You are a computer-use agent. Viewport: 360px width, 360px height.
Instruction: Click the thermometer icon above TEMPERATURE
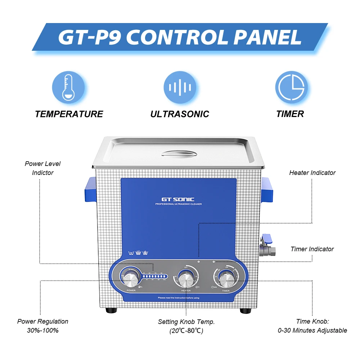(x=68, y=87)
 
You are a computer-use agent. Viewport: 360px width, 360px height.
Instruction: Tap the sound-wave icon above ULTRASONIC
(x=180, y=87)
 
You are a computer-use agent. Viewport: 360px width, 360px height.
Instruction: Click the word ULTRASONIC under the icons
(x=180, y=114)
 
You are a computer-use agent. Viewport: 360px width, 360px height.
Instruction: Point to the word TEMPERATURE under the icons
(x=69, y=114)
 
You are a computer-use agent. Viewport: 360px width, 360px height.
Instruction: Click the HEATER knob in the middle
(x=186, y=279)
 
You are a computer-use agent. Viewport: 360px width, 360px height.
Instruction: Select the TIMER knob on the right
(x=226, y=279)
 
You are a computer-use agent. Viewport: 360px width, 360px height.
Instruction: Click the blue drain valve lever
(x=267, y=239)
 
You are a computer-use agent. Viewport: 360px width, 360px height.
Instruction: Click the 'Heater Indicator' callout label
(x=312, y=173)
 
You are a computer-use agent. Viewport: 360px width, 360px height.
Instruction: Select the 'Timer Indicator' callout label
(x=312, y=249)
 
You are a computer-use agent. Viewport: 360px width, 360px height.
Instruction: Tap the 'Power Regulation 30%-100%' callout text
(x=43, y=326)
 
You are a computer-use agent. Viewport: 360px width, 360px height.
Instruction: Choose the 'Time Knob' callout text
(x=312, y=326)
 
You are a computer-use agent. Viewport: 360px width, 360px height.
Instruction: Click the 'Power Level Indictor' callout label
(x=42, y=168)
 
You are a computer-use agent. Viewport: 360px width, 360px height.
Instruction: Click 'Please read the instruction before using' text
(x=179, y=298)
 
